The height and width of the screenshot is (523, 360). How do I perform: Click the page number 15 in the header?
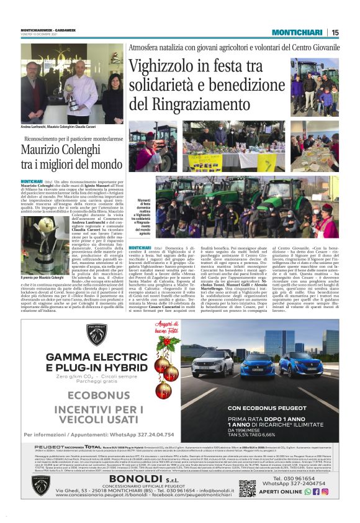335,32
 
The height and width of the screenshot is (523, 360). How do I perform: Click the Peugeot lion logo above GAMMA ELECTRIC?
97,335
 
